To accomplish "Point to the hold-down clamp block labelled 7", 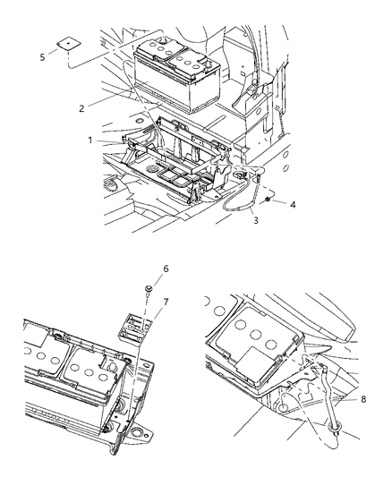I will coord(135,326).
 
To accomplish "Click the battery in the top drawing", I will coord(176,74).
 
